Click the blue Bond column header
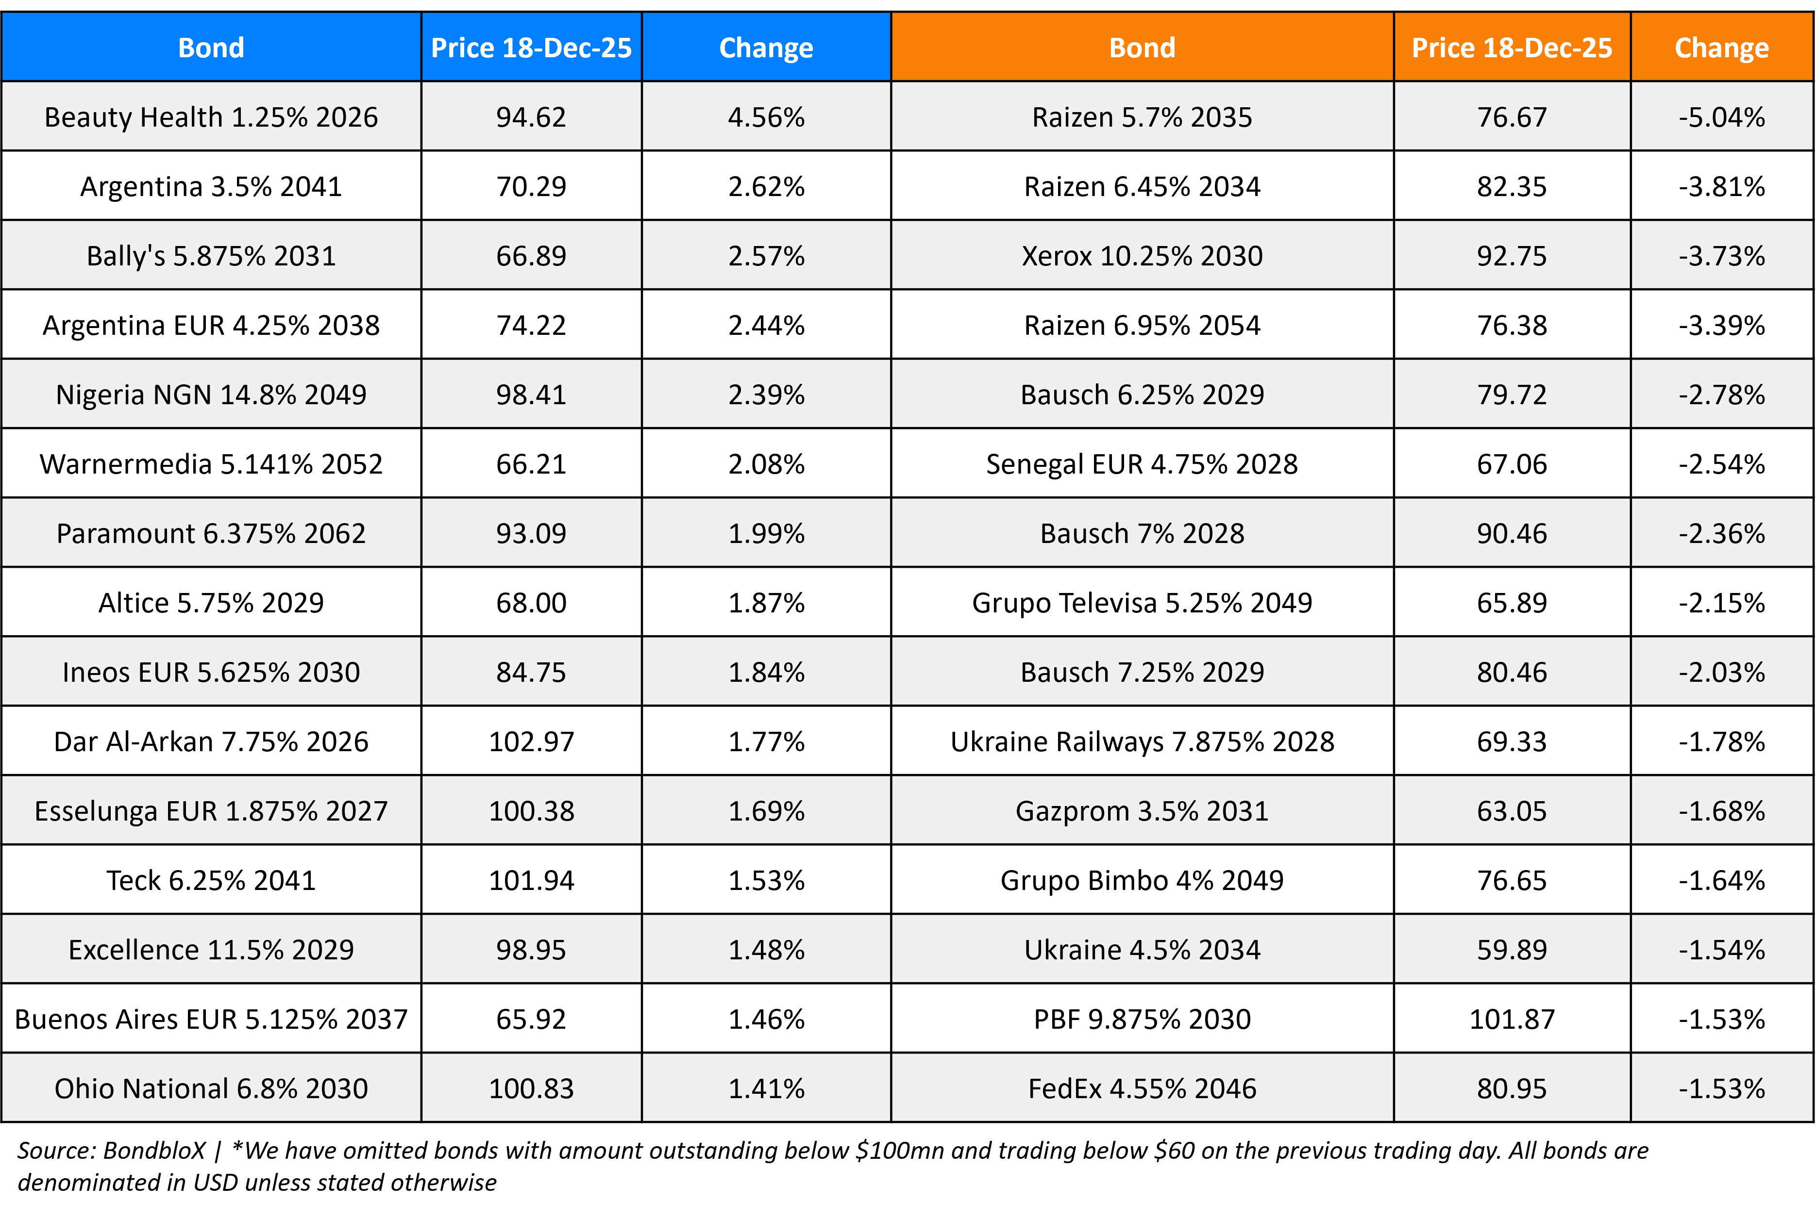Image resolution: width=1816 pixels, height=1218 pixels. click(211, 48)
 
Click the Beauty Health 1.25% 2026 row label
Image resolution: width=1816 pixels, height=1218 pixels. click(211, 117)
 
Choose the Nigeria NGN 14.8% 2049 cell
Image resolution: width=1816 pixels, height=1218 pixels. click(211, 395)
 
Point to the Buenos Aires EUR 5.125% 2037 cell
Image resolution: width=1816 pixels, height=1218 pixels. click(211, 1019)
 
